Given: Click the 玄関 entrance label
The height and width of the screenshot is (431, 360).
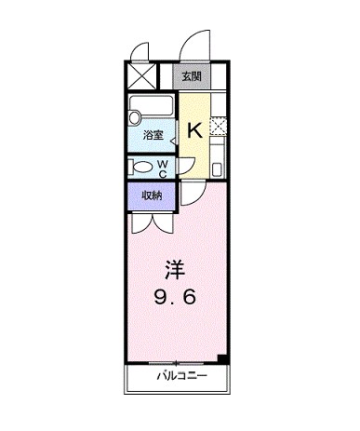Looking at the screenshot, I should click(x=191, y=76).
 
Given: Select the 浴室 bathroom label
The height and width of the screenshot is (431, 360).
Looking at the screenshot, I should click(x=153, y=136).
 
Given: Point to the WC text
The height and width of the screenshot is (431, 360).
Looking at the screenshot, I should click(x=163, y=168).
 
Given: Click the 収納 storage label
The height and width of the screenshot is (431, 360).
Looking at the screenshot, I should click(x=153, y=195).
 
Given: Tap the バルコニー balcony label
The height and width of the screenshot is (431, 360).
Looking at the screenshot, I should click(x=175, y=376).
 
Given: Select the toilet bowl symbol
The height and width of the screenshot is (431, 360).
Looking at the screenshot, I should click(x=144, y=168).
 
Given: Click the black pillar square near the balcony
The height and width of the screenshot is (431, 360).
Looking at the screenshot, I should click(x=221, y=358).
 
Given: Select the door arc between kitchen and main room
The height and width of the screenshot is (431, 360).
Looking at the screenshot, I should click(x=190, y=192).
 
